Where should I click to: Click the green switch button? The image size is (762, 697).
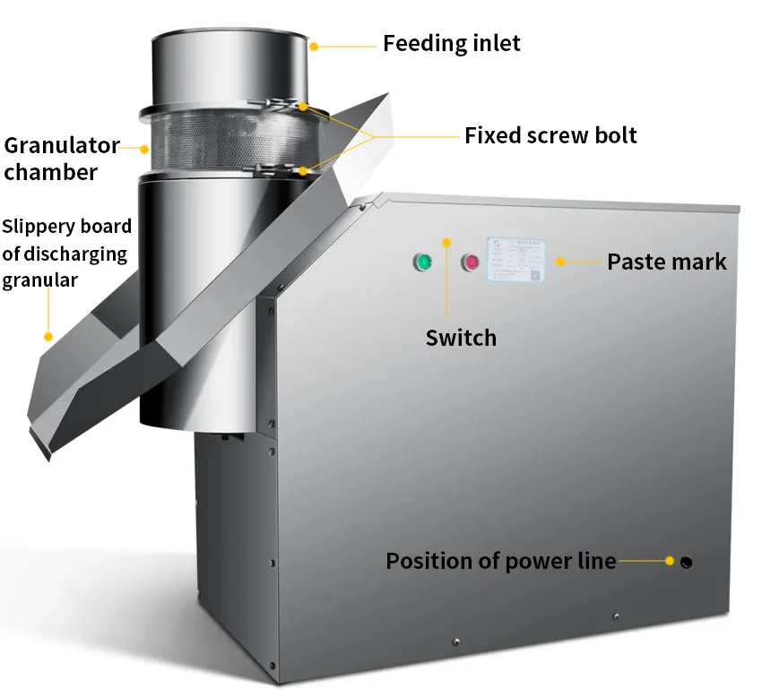[421, 262]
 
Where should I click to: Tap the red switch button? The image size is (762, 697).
[470, 262]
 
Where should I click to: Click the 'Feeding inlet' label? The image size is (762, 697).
[452, 43]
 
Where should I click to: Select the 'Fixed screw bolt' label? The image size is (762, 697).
[550, 136]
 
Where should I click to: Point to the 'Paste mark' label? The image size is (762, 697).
[666, 262]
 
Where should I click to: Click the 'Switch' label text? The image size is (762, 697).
[461, 338]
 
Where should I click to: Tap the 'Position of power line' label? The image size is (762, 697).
[500, 562]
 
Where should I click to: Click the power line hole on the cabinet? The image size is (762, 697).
[687, 563]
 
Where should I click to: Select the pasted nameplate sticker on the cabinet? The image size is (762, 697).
[517, 260]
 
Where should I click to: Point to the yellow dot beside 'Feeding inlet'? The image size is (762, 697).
[313, 44]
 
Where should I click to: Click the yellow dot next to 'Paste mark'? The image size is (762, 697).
[560, 262]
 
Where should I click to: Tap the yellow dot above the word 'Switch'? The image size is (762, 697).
[447, 240]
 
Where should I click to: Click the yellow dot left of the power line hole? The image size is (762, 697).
[669, 562]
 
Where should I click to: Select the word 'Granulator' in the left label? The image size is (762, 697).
[62, 145]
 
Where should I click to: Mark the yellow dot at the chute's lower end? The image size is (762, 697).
[47, 336]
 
